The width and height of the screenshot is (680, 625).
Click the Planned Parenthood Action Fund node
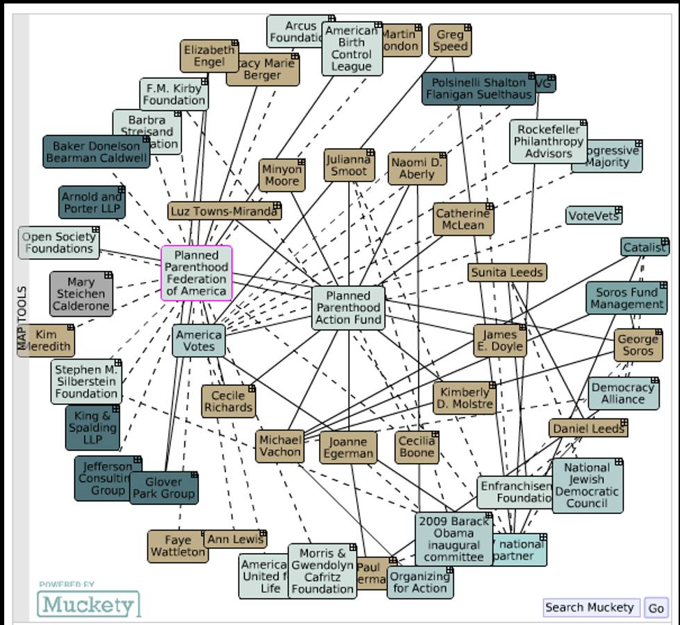coord(348,307)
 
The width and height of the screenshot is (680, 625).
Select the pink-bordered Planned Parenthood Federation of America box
coord(196,273)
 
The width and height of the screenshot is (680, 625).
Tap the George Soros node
coord(637,345)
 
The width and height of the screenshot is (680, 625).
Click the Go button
coord(656,608)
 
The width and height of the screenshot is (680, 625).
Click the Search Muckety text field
coord(590,608)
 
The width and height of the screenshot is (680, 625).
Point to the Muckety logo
coord(88,603)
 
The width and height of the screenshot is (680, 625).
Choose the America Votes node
coord(199,341)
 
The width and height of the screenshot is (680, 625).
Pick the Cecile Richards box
coord(228,402)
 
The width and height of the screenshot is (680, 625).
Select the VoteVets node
coord(593,215)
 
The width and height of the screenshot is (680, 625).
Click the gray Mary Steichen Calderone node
coord(80,294)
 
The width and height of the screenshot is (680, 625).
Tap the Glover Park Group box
coord(163,487)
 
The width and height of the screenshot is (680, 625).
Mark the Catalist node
coord(644,247)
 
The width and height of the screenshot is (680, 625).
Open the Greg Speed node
coord(450,41)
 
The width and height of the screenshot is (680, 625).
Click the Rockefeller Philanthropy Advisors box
coord(548,142)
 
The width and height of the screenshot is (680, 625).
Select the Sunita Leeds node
coord(507,272)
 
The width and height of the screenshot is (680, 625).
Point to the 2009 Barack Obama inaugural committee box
coord(453,538)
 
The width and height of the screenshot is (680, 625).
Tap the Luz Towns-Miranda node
coord(224,211)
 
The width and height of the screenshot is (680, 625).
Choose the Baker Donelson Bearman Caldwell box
coord(96,152)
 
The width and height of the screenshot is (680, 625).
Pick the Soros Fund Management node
coord(626,298)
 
